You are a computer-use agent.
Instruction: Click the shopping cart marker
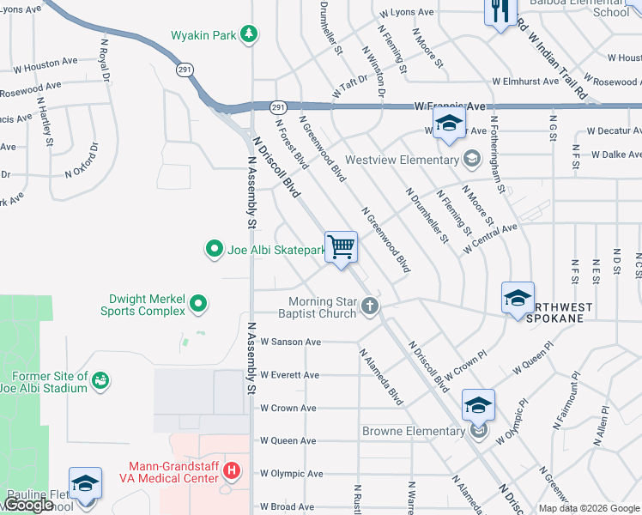[x=342, y=248]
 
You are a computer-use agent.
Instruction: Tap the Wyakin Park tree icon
[x=249, y=34]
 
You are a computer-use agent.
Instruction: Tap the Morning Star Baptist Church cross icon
[x=370, y=306]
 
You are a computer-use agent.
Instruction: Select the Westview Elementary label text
[x=401, y=160]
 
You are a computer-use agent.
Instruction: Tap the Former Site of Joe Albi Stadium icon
[x=100, y=379]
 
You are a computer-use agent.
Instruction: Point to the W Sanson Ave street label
[x=290, y=342]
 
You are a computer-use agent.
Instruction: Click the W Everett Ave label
[x=289, y=375]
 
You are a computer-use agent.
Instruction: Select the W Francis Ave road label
[x=450, y=106]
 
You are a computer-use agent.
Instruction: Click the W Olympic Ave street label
[x=291, y=474]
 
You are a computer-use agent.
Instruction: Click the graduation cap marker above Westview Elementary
[x=448, y=124]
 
